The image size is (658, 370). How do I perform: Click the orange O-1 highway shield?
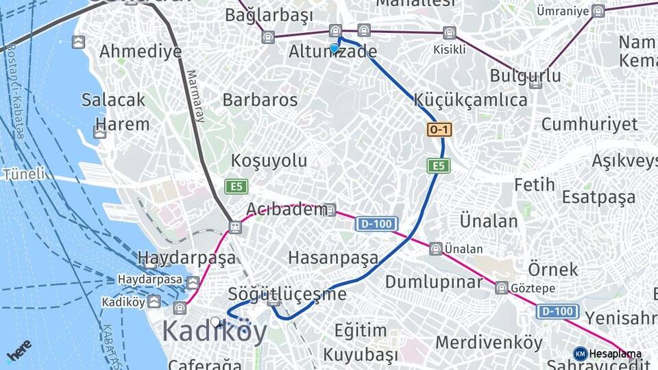[x=439, y=129]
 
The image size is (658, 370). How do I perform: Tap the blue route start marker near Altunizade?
[x=334, y=49]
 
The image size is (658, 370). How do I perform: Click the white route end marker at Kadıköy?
[x=216, y=321]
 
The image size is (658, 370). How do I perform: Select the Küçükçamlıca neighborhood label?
[x=470, y=100]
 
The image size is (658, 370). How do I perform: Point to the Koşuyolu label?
[x=269, y=161]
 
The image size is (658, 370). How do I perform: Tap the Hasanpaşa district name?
[x=332, y=258]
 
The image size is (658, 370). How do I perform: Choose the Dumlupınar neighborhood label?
[x=435, y=282]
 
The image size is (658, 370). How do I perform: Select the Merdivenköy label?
[x=489, y=342]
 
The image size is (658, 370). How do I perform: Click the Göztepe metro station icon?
[x=501, y=288]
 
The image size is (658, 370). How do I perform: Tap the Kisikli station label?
[x=449, y=49]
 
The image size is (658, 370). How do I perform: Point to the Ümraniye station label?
[x=563, y=11]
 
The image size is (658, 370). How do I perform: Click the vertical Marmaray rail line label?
[x=195, y=96]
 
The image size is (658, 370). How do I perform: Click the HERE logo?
[x=19, y=350]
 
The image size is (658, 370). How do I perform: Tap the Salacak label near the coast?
[x=113, y=99]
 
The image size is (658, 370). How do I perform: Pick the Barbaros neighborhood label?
[x=260, y=100]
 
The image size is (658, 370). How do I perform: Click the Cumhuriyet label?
[x=589, y=125]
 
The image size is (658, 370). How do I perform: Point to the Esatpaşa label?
[x=598, y=197]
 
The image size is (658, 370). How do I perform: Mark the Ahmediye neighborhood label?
[x=141, y=51]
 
